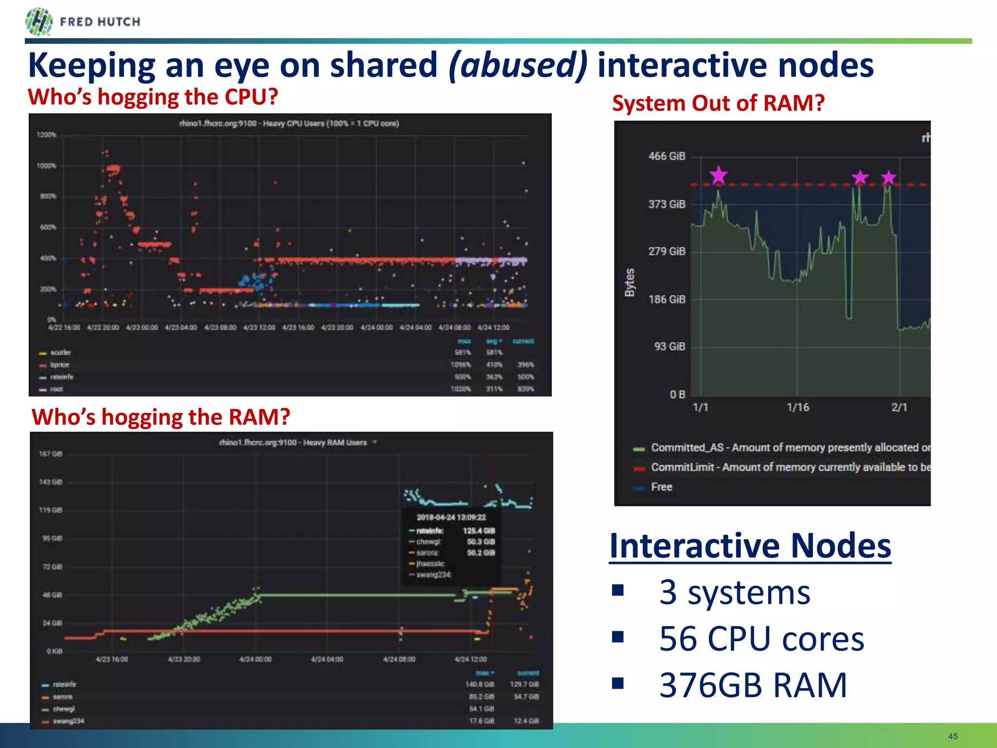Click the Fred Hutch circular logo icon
coord(38,22)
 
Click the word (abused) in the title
coord(518,65)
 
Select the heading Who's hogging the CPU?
coord(153,97)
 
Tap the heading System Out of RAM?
coord(718,103)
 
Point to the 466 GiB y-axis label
coord(666,156)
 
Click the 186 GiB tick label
coord(666,299)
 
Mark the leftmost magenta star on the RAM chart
coord(718,175)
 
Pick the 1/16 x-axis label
coord(797,407)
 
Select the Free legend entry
coord(661,487)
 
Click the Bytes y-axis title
coord(630,282)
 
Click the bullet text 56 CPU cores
coord(761,638)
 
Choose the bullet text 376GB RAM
coord(753,685)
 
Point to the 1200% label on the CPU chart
coord(46,135)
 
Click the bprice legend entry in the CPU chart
coord(59,365)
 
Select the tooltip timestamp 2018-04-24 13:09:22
coord(451,517)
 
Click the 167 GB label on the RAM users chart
coord(51,454)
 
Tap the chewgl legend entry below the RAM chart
coord(63,709)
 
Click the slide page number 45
coord(952,736)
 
